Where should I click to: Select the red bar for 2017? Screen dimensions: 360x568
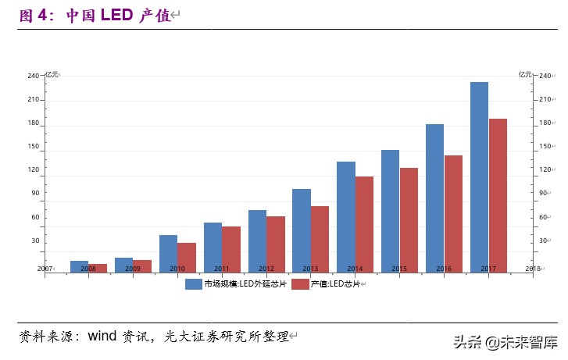[498, 195]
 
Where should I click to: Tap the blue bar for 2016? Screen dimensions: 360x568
[434, 198]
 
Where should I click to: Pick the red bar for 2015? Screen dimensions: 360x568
[409, 220]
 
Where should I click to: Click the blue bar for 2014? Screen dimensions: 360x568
[345, 217]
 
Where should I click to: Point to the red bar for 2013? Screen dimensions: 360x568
[320, 239]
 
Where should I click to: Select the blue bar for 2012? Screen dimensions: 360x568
[257, 241]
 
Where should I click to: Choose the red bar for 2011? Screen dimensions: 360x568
[231, 249]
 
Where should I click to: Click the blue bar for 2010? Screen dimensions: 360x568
[168, 254]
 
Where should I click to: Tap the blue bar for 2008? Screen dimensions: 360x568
[79, 266]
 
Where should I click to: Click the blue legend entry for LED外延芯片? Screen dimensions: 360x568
[235, 284]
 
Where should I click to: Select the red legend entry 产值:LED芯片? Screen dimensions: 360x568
[325, 284]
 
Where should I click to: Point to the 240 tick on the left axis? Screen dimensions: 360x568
[33, 77]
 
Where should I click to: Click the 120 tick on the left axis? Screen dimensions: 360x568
[33, 169]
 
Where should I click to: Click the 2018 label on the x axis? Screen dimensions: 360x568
[533, 269]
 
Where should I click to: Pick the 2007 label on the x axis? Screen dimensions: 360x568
[45, 269]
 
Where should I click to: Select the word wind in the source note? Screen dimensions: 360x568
[102, 337]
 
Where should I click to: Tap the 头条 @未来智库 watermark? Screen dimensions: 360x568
[505, 342]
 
